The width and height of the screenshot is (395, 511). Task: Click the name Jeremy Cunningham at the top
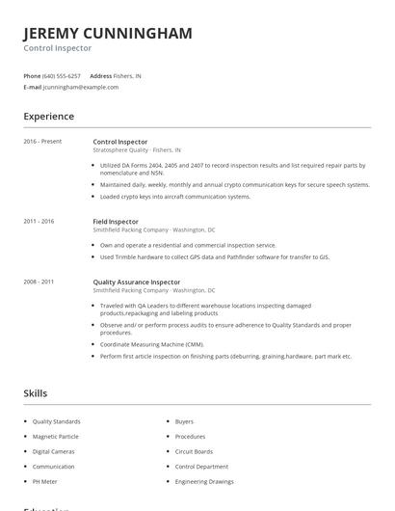[x=108, y=33]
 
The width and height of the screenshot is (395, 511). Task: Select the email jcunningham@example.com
[x=81, y=87]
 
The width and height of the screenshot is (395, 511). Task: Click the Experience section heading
[x=49, y=117]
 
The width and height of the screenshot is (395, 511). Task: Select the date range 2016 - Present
[x=42, y=142]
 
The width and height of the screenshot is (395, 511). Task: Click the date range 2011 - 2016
[x=39, y=222]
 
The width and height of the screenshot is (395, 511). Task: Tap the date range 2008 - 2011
[x=39, y=282]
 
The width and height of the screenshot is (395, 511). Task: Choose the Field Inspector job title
[x=115, y=222]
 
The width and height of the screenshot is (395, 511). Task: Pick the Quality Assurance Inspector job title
[x=136, y=282]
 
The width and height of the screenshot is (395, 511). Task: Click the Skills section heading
[x=36, y=393]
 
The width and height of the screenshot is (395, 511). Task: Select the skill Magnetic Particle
[x=55, y=437]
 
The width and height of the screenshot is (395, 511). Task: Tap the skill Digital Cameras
[x=54, y=451]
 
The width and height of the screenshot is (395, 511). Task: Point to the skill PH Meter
[x=45, y=481]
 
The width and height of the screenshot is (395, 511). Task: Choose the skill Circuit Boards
[x=194, y=451]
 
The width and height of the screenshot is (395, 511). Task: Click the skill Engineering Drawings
[x=203, y=481]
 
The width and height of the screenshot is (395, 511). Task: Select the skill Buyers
[x=184, y=421]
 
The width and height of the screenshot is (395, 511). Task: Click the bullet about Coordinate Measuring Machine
[x=152, y=344]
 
